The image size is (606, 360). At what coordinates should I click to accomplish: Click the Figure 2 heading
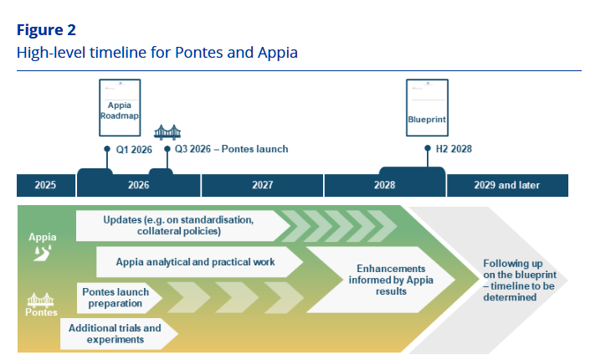click(x=46, y=30)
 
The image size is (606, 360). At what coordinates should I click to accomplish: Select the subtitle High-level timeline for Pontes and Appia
click(x=157, y=52)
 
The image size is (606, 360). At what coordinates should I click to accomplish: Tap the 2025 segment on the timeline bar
click(x=46, y=185)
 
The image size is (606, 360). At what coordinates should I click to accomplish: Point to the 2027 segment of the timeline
click(x=262, y=185)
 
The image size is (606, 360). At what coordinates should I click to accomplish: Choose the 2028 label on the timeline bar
click(x=384, y=185)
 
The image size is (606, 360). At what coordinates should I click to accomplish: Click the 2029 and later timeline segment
click(x=506, y=185)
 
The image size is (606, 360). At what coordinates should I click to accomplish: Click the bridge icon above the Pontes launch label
click(x=167, y=131)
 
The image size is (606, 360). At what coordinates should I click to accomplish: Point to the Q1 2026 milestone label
click(x=133, y=149)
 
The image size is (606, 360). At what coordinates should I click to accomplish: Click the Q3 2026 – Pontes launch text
click(x=231, y=149)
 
